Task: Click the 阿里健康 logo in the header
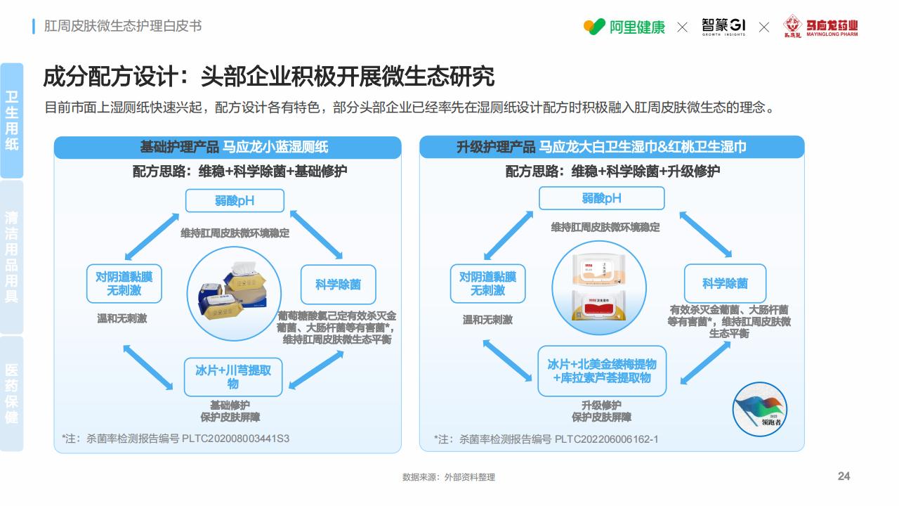click(x=624, y=27)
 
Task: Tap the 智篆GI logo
click(x=723, y=27)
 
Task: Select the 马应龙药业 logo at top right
click(x=820, y=27)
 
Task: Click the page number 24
click(x=844, y=476)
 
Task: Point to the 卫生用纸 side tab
click(x=12, y=120)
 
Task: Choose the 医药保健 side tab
click(x=12, y=394)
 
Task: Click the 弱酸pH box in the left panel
click(x=235, y=201)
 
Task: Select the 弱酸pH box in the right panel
click(x=602, y=198)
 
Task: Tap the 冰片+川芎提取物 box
click(x=233, y=377)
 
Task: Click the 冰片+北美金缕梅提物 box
click(x=602, y=370)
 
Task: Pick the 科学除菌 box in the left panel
click(x=339, y=285)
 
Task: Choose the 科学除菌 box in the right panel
click(x=726, y=283)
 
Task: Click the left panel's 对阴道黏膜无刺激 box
click(x=124, y=283)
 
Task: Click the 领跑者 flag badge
click(x=760, y=409)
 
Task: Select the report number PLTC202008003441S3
click(x=235, y=439)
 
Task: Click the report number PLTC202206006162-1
click(x=606, y=439)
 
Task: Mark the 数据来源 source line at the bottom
click(x=449, y=477)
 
